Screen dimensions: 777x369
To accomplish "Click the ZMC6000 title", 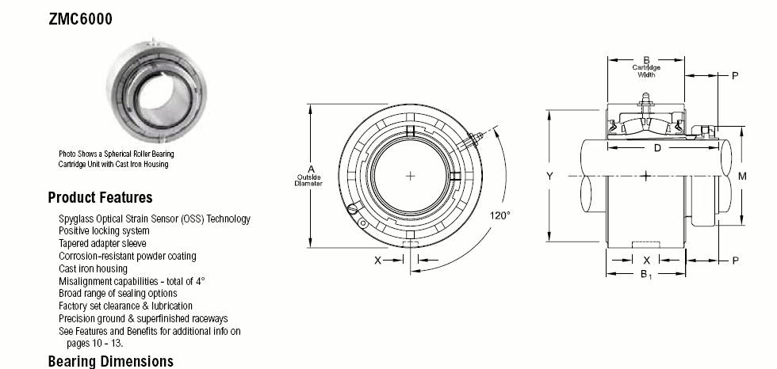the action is click(x=80, y=19).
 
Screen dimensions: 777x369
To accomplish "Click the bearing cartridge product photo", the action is click(x=157, y=92).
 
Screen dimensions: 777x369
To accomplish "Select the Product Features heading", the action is click(x=100, y=198).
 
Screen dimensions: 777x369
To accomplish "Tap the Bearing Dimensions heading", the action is click(x=110, y=361).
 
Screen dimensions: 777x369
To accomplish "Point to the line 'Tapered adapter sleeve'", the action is click(x=102, y=243).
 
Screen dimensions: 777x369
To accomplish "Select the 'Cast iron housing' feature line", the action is click(x=94, y=268).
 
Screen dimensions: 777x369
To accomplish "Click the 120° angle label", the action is click(x=500, y=215).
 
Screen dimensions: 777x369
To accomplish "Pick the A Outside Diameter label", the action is click(x=308, y=176).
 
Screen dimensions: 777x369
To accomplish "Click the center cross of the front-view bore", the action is click(x=411, y=176).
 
